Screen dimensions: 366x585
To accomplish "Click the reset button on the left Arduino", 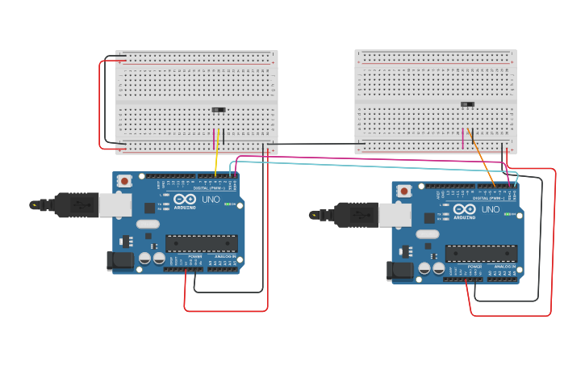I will pos(124,181).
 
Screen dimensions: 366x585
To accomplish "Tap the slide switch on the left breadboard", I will pos(219,109).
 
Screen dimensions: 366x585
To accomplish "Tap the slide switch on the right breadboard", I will pos(467,103).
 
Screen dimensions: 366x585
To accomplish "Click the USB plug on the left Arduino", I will pos(77,205).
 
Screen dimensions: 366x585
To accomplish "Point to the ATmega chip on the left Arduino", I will pos(201,243).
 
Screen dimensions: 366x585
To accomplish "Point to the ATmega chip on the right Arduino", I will pos(481,253).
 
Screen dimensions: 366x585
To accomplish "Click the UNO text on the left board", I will pos(210,200).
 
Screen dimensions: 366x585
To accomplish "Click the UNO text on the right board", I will pos(490,209).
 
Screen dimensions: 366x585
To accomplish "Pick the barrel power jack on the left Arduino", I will pos(119,261).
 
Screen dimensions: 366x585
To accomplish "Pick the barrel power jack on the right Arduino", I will pos(399,271).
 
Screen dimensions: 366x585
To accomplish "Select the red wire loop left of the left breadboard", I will pos(100,105).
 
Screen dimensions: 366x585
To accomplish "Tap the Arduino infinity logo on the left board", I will pos(185,200).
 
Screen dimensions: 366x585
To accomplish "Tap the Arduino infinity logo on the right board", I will pos(465,209).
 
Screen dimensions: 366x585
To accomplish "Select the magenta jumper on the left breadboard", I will pos(214,139).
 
